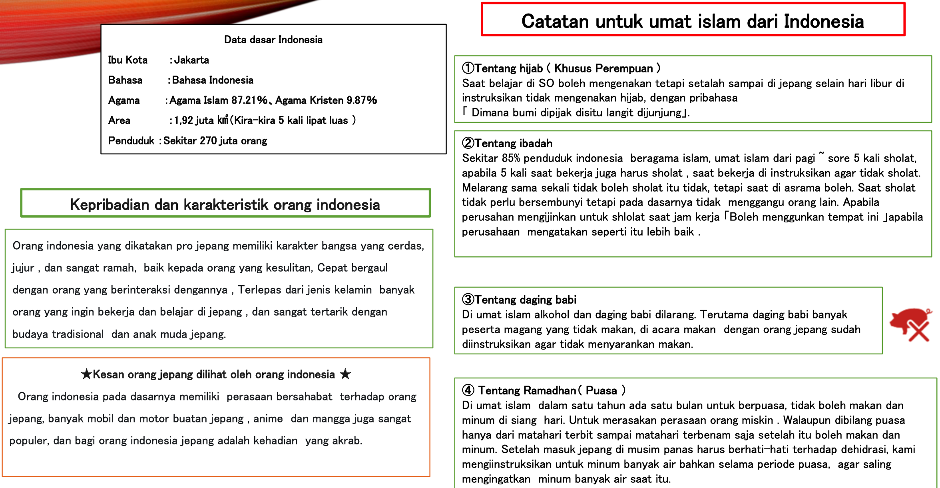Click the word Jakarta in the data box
coord(191,60)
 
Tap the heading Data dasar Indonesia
coord(273,40)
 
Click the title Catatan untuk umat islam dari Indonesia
coord(693,21)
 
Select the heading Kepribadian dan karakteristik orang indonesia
coord(225,204)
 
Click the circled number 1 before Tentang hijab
coord(468,68)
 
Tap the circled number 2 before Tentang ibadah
coord(468,143)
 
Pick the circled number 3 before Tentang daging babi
coord(468,300)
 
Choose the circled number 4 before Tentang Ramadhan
coord(468,390)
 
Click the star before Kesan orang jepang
coord(86,374)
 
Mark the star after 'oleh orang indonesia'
coord(345,374)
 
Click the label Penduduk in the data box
coord(131,141)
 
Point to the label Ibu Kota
coord(127,60)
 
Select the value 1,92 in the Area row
coord(184,120)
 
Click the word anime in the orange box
coord(268,419)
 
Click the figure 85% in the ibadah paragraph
coord(511,158)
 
